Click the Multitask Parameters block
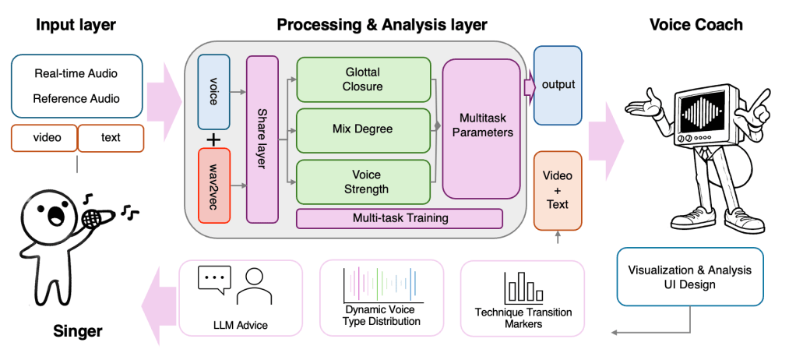[x=481, y=128]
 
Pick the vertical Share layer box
[x=262, y=139]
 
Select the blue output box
[x=558, y=84]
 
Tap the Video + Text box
[x=558, y=191]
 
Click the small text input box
[x=111, y=138]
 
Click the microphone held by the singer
[x=92, y=218]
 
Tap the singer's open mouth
[x=58, y=215]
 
